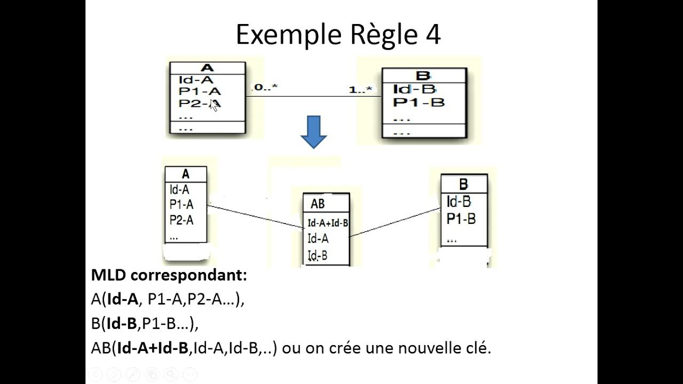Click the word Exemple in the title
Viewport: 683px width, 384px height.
281,36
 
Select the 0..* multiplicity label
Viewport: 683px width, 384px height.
266,87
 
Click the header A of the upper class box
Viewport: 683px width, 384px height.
208,68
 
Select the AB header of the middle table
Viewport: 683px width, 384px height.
317,204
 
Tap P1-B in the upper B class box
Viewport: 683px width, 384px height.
419,102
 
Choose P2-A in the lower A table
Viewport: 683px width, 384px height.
181,220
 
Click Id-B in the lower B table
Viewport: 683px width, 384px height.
459,202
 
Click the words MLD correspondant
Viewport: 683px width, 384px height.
169,276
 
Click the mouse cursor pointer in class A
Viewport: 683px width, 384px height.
214,105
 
